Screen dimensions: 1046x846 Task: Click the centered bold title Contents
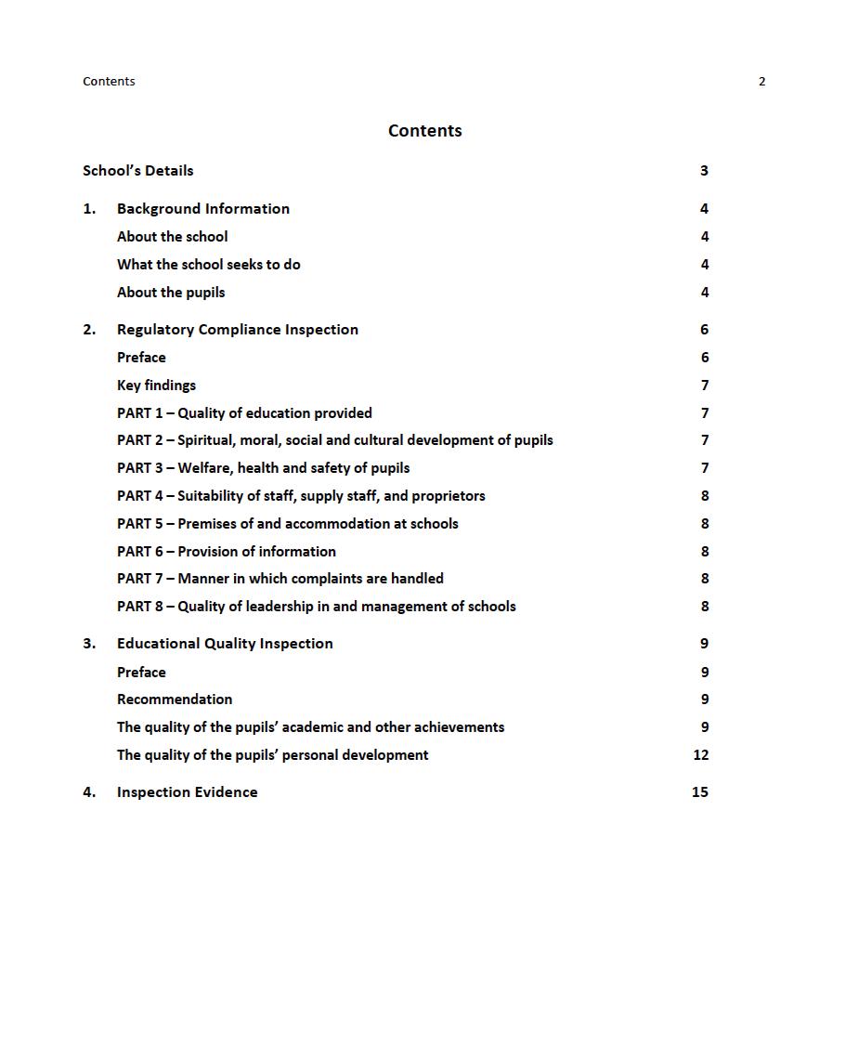[x=424, y=131]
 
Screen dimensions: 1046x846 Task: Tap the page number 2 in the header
[x=761, y=82]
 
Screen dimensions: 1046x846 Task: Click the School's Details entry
[x=138, y=171]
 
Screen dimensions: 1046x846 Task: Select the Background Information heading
[x=202, y=209]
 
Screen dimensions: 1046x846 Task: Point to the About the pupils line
[x=171, y=293]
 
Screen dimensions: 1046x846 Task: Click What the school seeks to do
[x=208, y=265]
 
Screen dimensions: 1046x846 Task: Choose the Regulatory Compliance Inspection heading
[x=237, y=330]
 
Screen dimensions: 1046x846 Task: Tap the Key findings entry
[x=156, y=386]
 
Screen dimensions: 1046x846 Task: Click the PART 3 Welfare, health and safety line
[x=263, y=468]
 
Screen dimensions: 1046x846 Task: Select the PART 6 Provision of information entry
[x=227, y=552]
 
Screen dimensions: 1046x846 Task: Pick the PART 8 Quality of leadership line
[x=316, y=607]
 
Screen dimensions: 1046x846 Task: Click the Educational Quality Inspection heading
[x=225, y=644]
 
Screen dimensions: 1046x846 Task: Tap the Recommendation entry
[x=175, y=700]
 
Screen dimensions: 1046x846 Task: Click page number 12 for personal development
[x=700, y=755]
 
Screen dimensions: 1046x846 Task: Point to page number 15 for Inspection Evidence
[x=699, y=792]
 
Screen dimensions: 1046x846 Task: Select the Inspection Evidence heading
[x=187, y=792]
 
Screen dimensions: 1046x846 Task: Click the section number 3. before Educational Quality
[x=89, y=644]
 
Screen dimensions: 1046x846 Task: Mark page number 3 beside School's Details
[x=704, y=171]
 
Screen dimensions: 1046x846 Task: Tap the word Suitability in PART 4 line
[x=211, y=496]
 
